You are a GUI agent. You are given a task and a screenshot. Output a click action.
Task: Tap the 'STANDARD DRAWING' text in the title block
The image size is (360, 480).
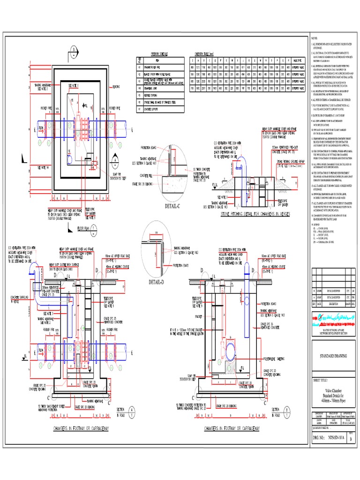click(x=333, y=356)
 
